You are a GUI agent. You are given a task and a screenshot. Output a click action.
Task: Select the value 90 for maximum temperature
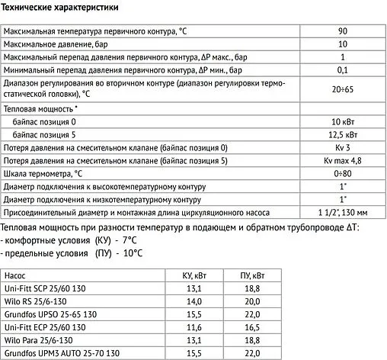tap(342, 31)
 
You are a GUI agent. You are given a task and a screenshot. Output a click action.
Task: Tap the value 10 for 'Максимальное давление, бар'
tap(342, 44)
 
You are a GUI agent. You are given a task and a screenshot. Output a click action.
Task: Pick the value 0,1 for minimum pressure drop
tap(342, 70)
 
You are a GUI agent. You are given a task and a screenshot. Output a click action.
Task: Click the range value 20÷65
tap(342, 89)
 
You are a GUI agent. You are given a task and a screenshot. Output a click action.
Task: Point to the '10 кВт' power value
tap(342, 121)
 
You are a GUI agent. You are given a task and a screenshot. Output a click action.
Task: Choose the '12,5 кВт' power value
tap(342, 134)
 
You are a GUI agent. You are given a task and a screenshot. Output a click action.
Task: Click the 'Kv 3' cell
tap(342, 147)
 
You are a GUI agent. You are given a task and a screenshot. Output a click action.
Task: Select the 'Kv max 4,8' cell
tap(342, 160)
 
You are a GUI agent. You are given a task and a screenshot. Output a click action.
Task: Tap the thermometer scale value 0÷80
tap(342, 173)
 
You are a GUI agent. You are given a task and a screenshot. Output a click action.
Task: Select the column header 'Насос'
tap(17, 275)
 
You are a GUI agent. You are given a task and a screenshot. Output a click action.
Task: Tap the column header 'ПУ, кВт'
tap(249, 275)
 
